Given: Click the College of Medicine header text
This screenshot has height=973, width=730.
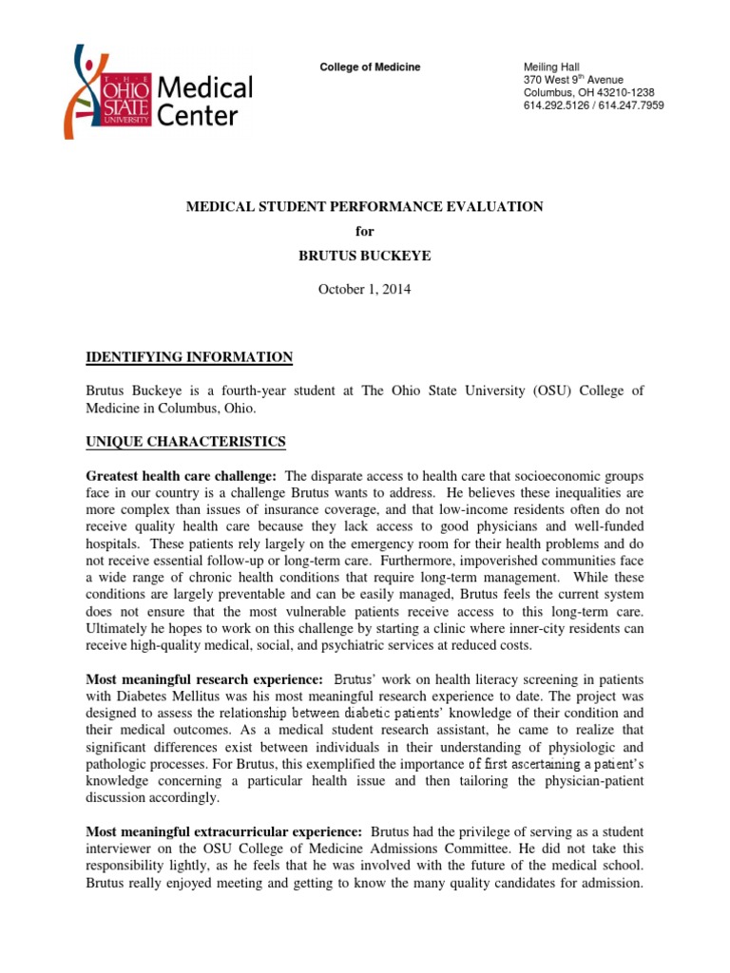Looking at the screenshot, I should point(369,67).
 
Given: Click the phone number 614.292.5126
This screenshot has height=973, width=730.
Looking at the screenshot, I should point(554,106).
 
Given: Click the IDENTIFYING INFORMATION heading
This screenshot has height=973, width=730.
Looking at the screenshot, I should point(189,356).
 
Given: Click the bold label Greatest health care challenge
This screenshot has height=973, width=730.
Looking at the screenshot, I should point(182,475).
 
